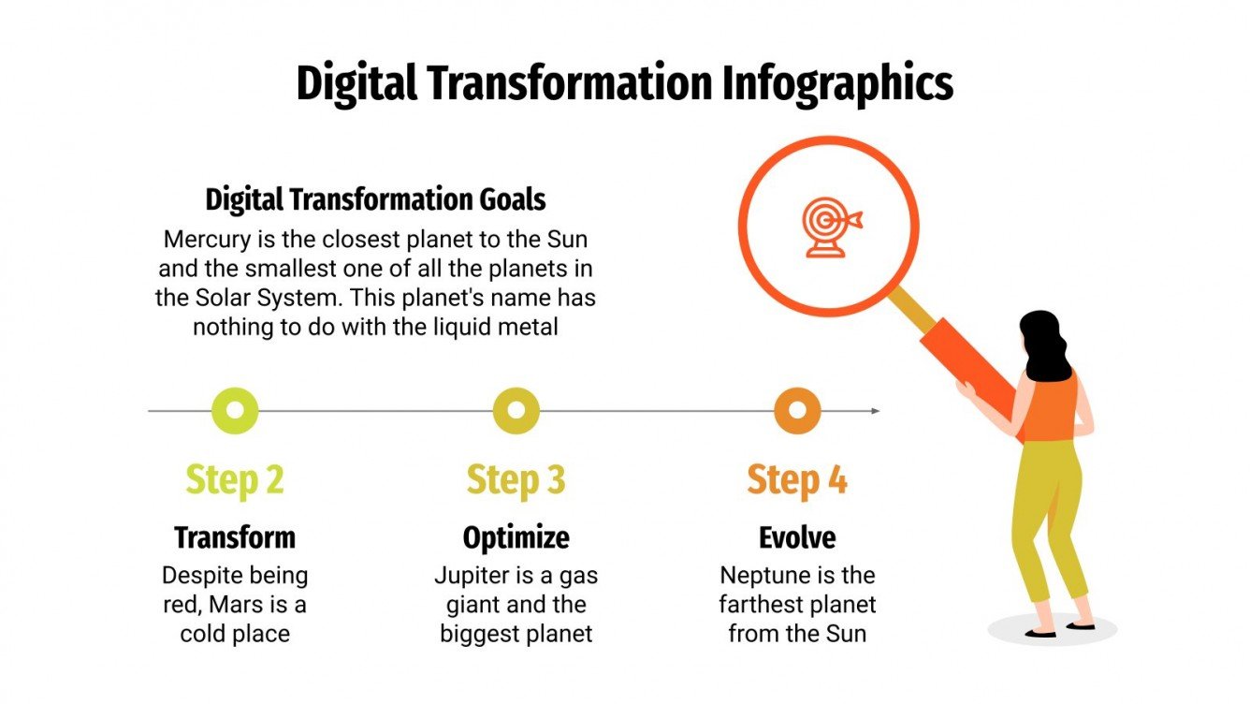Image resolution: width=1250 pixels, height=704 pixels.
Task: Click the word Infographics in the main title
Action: tap(837, 83)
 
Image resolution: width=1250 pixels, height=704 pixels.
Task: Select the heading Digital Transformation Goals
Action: tap(375, 199)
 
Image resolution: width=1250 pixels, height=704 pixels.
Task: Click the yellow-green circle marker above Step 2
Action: tap(235, 410)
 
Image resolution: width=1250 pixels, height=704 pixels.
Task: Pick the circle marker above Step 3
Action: tap(516, 410)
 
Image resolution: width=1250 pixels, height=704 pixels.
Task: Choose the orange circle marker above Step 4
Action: tap(797, 410)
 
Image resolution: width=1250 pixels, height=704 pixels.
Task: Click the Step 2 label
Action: tap(235, 479)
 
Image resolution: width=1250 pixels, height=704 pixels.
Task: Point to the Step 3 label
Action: tap(516, 479)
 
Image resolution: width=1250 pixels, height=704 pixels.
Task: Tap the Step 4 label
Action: tap(797, 479)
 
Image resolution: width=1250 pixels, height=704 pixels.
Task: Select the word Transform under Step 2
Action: tap(235, 537)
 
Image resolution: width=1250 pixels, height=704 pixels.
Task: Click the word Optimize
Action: tap(516, 537)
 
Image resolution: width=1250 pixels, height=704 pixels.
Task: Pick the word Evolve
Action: tap(797, 537)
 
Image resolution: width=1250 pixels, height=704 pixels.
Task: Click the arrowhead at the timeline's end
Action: tap(875, 410)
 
